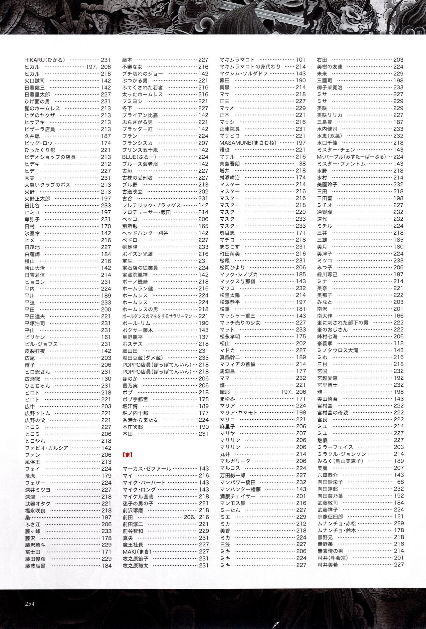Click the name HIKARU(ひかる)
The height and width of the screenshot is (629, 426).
pyautogui.click(x=45, y=60)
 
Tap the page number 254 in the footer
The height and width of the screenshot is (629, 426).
pyautogui.click(x=30, y=604)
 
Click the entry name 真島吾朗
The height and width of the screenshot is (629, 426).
pyautogui.click(x=230, y=164)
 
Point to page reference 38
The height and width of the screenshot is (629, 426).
pyautogui.click(x=302, y=164)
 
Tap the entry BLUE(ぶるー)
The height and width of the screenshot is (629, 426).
pyautogui.click(x=139, y=157)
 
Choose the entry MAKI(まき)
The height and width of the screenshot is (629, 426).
pyautogui.click(x=137, y=551)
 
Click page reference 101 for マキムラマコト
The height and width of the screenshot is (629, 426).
pyautogui.click(x=301, y=60)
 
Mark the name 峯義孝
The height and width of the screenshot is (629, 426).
pyautogui.click(x=325, y=343)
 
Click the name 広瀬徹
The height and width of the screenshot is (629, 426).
pyautogui.click(x=33, y=379)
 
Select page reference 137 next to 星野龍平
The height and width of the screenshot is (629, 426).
pyautogui.click(x=203, y=337)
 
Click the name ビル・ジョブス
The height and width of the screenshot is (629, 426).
pyautogui.click(x=41, y=344)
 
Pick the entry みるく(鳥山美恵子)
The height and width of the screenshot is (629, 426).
pyautogui.click(x=340, y=461)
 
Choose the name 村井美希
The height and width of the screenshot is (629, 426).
pyautogui.click(x=327, y=565)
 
